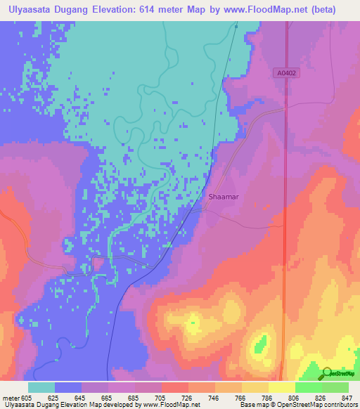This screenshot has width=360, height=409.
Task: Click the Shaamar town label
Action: (x=224, y=197)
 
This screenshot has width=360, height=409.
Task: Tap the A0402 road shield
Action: (x=286, y=72)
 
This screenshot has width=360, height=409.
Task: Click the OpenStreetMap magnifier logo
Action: (x=327, y=375)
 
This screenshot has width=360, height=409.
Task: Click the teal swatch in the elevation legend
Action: (x=41, y=387)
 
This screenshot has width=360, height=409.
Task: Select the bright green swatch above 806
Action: (x=308, y=387)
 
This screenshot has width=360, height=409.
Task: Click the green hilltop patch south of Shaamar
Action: (x=260, y=345)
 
